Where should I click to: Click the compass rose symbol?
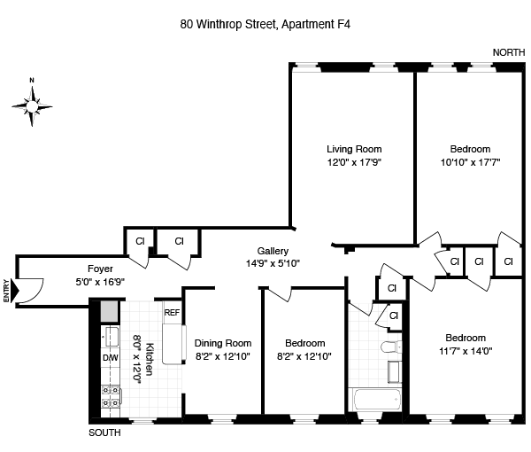pos(32,104)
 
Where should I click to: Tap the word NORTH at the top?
pos(508,53)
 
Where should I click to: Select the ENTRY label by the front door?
pos(8,291)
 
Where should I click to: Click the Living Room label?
pos(354,149)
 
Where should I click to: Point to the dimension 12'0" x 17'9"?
pos(354,162)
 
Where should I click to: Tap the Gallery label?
pos(273,251)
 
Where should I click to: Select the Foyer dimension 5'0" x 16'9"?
pos(99,282)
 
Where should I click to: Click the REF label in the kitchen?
pos(172,312)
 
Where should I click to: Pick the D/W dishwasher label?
pos(110,357)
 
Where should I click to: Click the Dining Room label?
pos(223,343)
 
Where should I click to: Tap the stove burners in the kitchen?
pos(112,397)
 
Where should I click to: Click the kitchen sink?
pos(112,336)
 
